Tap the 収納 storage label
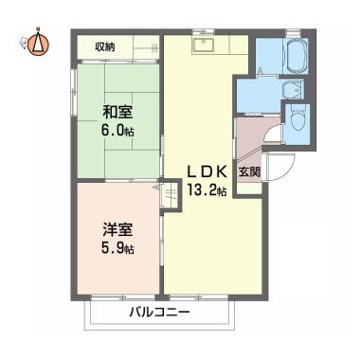coord(104,45)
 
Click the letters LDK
coord(206,171)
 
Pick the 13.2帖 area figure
coord(207,190)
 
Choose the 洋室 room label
coord(117,228)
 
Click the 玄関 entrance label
coord(248,171)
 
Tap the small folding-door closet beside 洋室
coord(169,194)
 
